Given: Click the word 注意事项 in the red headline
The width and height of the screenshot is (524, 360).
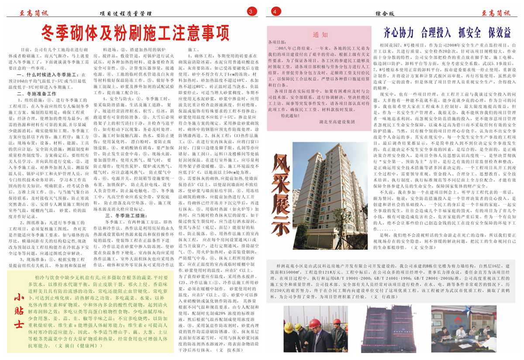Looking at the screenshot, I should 193,32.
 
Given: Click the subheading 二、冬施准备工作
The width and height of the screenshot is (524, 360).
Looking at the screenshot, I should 37,93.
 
